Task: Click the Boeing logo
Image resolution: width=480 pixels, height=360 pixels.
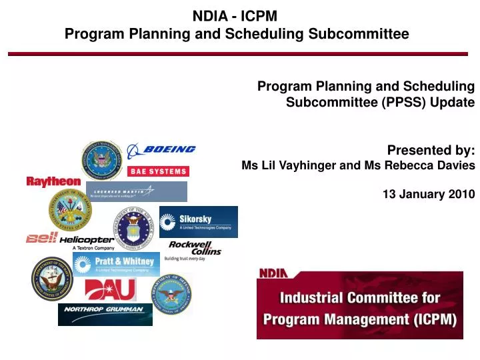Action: click(161, 150)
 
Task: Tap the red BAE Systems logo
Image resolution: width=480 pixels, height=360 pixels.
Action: click(158, 171)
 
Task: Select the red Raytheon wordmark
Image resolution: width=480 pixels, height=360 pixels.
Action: click(53, 181)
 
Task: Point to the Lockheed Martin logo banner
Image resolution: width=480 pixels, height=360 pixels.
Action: click(136, 191)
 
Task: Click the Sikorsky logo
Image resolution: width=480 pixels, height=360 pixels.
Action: click(198, 221)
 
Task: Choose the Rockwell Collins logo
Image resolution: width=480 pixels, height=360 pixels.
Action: click(194, 250)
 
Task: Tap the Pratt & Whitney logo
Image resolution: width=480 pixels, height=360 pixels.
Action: click(116, 263)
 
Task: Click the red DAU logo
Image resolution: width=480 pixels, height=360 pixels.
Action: click(110, 290)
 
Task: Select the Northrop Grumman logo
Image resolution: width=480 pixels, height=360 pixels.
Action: click(105, 313)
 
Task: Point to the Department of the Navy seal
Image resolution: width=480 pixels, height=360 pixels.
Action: click(51, 279)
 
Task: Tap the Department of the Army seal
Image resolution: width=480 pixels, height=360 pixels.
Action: click(70, 209)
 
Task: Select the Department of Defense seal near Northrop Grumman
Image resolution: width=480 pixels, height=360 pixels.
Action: click(171, 295)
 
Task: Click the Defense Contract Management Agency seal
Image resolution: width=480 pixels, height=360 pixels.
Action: click(101, 160)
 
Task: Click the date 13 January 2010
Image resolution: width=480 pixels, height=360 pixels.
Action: click(429, 194)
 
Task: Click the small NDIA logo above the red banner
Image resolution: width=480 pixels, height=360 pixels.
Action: click(273, 272)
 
